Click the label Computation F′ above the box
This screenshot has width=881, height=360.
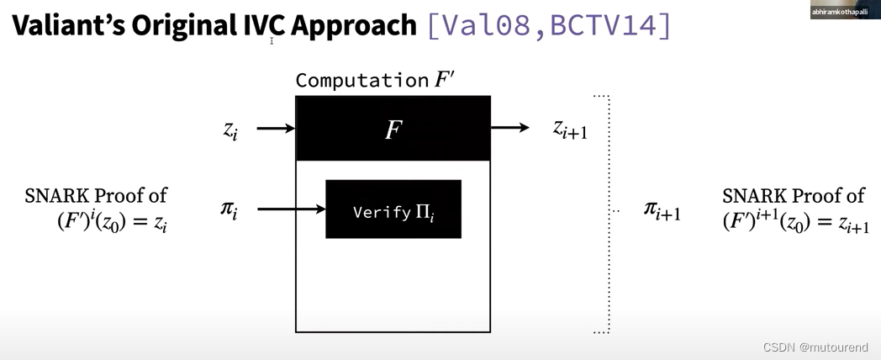(x=374, y=80)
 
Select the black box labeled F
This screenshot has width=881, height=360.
(x=393, y=129)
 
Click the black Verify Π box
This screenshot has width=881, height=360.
(x=393, y=209)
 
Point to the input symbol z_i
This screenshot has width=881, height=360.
(x=230, y=130)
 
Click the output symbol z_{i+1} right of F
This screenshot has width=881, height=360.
(x=569, y=129)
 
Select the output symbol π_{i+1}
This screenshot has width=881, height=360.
(x=662, y=209)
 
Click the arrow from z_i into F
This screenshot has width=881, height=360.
(x=275, y=129)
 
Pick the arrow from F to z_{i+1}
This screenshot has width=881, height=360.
(x=509, y=128)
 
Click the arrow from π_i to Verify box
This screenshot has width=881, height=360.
(x=291, y=209)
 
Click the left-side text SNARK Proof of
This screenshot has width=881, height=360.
(x=96, y=196)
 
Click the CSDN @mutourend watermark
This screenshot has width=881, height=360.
(x=815, y=347)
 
